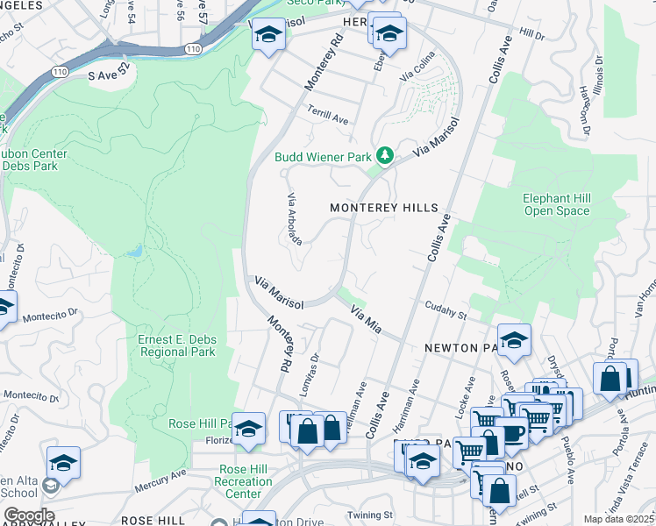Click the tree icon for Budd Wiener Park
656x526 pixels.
(383, 156)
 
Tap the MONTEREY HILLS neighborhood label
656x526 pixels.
(383, 208)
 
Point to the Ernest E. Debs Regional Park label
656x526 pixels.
(176, 345)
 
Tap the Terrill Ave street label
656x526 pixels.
(328, 115)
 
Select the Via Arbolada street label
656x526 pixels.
(296, 219)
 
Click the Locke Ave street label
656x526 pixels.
(468, 392)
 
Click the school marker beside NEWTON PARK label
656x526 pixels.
(514, 340)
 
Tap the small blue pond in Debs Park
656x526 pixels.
(133, 252)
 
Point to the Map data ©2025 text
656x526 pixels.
(617, 519)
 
